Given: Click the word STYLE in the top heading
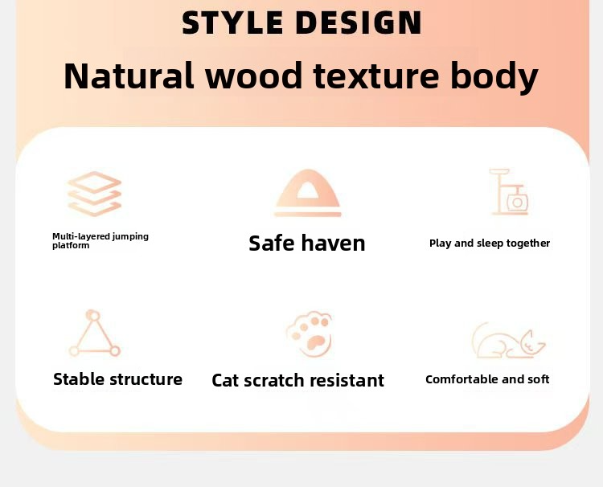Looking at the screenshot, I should pos(232,23).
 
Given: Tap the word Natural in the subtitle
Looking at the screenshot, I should pos(129,76).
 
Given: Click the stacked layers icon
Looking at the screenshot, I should pos(94,194).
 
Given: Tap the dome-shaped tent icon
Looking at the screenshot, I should pos(308,194).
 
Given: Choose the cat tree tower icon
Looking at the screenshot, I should pos(509,193).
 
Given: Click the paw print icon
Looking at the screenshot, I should pos(310,335).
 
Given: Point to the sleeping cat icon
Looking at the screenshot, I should pos(507,342).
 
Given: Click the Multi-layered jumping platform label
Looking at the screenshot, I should pos(100,241).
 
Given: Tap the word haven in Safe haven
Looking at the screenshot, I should pos(334,243).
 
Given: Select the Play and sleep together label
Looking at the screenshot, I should pos(490,243).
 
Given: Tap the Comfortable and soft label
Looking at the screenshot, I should pos(487,379).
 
